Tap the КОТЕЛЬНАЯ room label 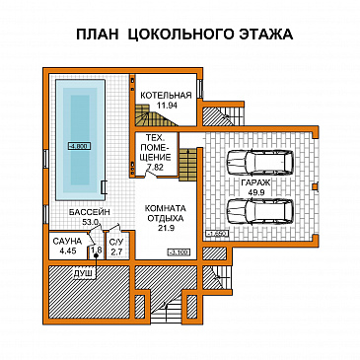coord(165,95)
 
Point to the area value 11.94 coord(165,105)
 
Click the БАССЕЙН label coord(88,212)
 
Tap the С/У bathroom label coord(115,242)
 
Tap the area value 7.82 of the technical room coord(155,169)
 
